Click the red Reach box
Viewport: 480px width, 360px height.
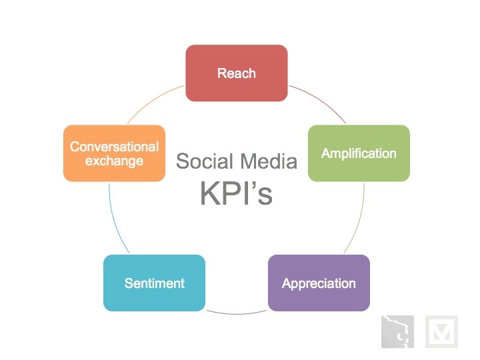[236, 73]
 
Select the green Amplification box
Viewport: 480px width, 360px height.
[359, 153]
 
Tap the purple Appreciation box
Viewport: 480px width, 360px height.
[319, 283]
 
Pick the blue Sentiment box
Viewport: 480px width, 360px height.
[154, 283]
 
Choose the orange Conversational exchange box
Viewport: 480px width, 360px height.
[114, 153]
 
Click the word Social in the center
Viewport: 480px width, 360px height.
[203, 161]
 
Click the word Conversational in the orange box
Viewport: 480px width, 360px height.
[115, 147]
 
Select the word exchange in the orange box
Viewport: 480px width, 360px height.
[115, 161]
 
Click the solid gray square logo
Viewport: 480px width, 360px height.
[397, 331]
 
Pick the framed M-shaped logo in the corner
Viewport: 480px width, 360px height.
[441, 331]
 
